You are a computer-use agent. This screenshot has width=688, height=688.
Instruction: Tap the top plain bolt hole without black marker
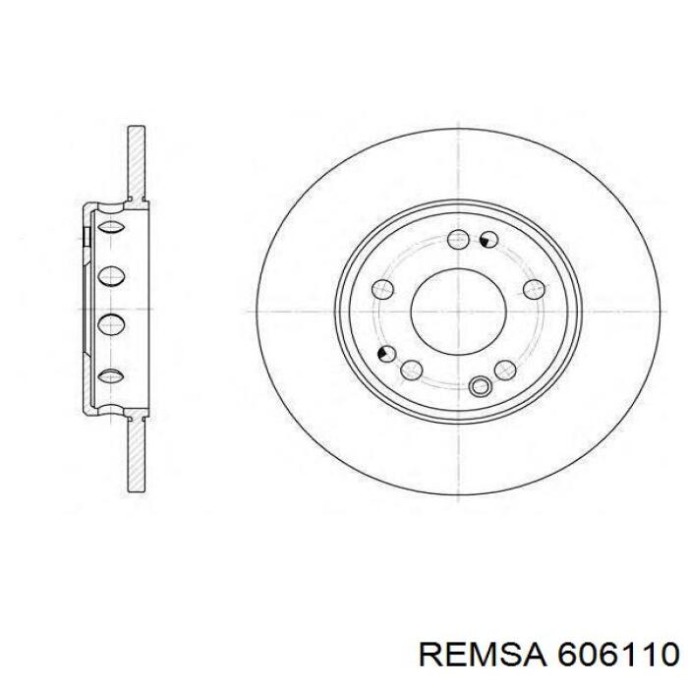coord(458,239)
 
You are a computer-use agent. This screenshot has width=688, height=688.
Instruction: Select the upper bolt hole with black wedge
coord(488,239)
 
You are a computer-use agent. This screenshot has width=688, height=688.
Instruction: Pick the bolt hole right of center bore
coord(534,288)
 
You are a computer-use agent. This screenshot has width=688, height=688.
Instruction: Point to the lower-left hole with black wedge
coord(387,354)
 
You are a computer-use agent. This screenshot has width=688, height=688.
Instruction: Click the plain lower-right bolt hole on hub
coord(505,370)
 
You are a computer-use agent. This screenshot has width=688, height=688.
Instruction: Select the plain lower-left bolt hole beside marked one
coord(412,370)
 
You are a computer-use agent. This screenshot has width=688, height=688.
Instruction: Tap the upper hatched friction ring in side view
coord(137,162)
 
